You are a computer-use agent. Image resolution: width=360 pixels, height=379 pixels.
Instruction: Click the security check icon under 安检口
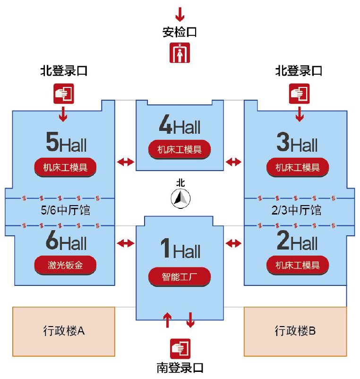[x=180, y=52]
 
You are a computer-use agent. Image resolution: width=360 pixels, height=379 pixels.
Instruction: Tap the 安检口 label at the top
[x=180, y=32]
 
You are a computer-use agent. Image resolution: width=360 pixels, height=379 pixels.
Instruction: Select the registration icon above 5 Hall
[x=63, y=93]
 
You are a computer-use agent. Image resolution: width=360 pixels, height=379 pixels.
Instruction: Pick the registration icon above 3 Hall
[x=299, y=93]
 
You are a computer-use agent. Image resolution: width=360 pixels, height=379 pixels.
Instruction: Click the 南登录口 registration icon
[x=180, y=348]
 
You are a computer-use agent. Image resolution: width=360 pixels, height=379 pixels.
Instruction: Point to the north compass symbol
[x=180, y=198]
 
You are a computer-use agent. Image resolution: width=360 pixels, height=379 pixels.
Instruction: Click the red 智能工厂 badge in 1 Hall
[x=180, y=276]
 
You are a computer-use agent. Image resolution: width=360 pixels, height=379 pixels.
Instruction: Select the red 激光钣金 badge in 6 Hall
[x=65, y=265]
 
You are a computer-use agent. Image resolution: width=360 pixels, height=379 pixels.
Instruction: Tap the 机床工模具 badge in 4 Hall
[x=180, y=149]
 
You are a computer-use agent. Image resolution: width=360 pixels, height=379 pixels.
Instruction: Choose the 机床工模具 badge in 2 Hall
[x=298, y=265]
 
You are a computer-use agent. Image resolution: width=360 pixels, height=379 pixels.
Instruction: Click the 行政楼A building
[x=64, y=331]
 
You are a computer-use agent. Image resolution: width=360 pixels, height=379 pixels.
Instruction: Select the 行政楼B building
[x=295, y=331]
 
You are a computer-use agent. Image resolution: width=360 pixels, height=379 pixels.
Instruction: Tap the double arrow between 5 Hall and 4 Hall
[x=125, y=162]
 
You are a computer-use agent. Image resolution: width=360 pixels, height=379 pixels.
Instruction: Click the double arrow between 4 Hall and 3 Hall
[x=233, y=162]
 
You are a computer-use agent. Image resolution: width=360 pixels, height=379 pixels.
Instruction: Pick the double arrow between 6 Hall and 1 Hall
[x=125, y=243]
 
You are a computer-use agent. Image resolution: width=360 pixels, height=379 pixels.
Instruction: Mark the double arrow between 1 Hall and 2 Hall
[x=233, y=243]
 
